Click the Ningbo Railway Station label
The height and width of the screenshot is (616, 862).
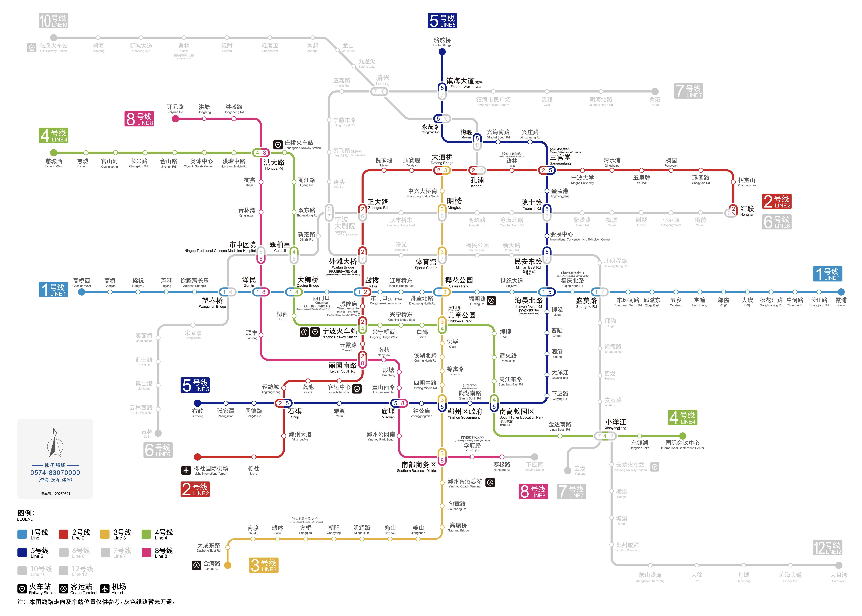coord(340,333)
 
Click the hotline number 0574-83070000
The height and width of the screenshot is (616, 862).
coord(55,473)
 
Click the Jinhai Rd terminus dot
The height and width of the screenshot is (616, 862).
coord(228,565)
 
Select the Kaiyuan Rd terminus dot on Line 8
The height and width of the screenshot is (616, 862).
coord(175,119)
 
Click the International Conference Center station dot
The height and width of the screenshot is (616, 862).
coord(683,436)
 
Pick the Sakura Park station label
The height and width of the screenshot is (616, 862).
coord(459,282)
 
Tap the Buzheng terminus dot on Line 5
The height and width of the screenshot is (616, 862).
coord(197,403)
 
